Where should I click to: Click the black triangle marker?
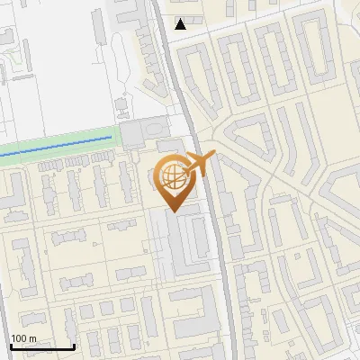181,23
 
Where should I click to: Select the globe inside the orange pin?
171,175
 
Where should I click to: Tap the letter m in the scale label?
32,338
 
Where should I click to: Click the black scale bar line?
41,346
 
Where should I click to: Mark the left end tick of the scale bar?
10,345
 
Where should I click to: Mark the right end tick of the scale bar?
74,345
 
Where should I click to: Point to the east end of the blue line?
111,137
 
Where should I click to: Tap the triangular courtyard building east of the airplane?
247,144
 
